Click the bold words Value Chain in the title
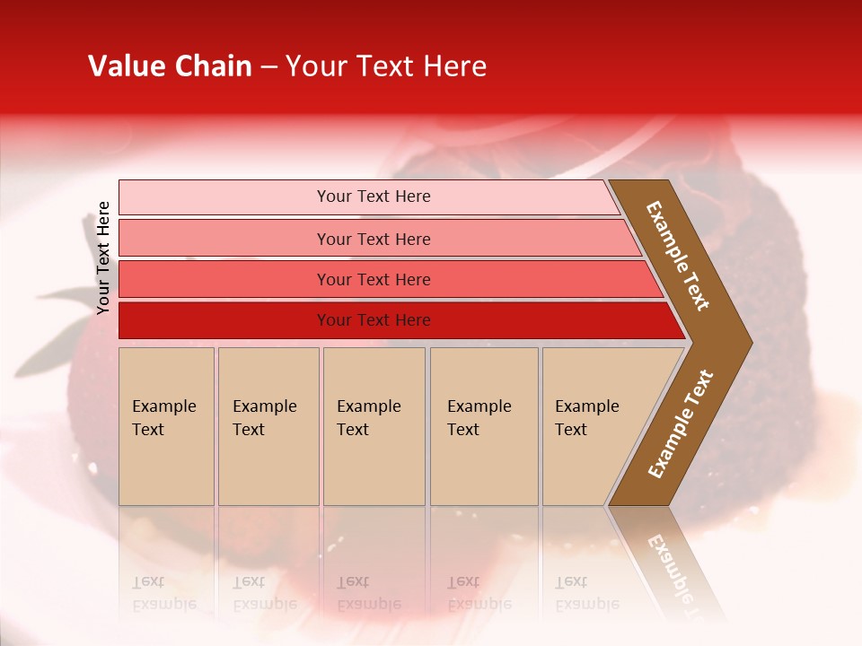coord(170,66)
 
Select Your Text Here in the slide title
coord(386,66)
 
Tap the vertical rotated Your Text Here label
coord(103,258)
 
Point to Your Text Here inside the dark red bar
coord(374,320)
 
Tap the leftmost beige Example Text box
coord(166,425)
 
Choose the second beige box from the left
coord(268,425)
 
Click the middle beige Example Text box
coord(374,425)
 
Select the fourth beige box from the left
coord(484,425)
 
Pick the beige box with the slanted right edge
coord(593,425)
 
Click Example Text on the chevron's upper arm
coord(678,256)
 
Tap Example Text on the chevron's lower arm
coord(680,424)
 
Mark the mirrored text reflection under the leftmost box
coord(164,593)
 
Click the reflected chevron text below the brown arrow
coord(673,565)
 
